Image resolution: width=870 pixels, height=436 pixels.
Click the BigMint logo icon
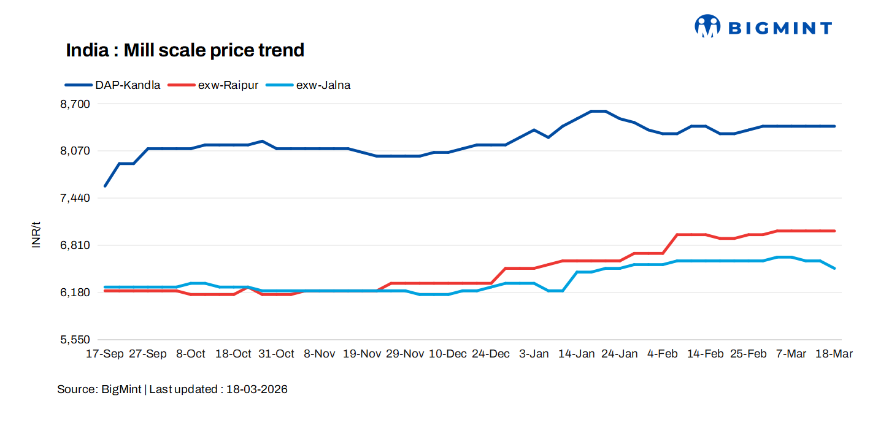(x=707, y=26)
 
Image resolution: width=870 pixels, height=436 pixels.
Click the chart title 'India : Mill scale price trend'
(x=185, y=50)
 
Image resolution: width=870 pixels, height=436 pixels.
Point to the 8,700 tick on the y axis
(x=75, y=104)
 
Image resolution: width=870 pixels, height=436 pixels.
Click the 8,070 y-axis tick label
(x=75, y=151)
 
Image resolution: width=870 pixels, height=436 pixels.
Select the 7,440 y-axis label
(x=75, y=198)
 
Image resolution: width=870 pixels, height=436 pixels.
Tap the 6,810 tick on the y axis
(x=75, y=245)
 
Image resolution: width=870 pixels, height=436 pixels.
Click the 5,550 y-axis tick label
(x=75, y=340)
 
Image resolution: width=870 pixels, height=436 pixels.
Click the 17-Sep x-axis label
(x=105, y=354)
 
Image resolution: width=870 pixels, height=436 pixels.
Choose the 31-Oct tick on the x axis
(x=276, y=354)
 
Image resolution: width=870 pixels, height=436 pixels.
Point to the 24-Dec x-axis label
(x=490, y=354)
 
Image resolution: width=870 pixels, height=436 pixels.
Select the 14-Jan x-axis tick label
(x=576, y=354)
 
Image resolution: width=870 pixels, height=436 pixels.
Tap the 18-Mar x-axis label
(x=833, y=354)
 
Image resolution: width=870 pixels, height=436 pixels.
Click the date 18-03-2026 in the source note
(x=256, y=389)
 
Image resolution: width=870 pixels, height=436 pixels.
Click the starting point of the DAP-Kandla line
(x=105, y=186)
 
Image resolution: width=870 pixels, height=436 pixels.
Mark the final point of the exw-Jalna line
(x=834, y=268)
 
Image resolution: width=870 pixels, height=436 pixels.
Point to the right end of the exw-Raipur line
(x=834, y=231)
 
